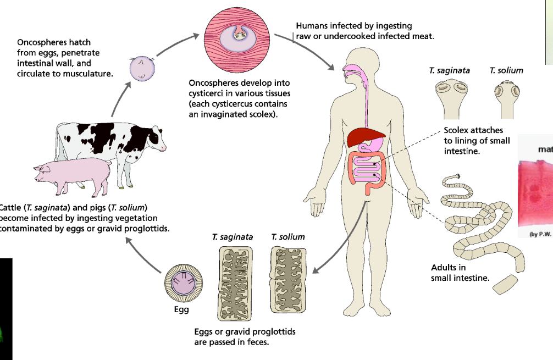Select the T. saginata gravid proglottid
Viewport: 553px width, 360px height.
[235, 283]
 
